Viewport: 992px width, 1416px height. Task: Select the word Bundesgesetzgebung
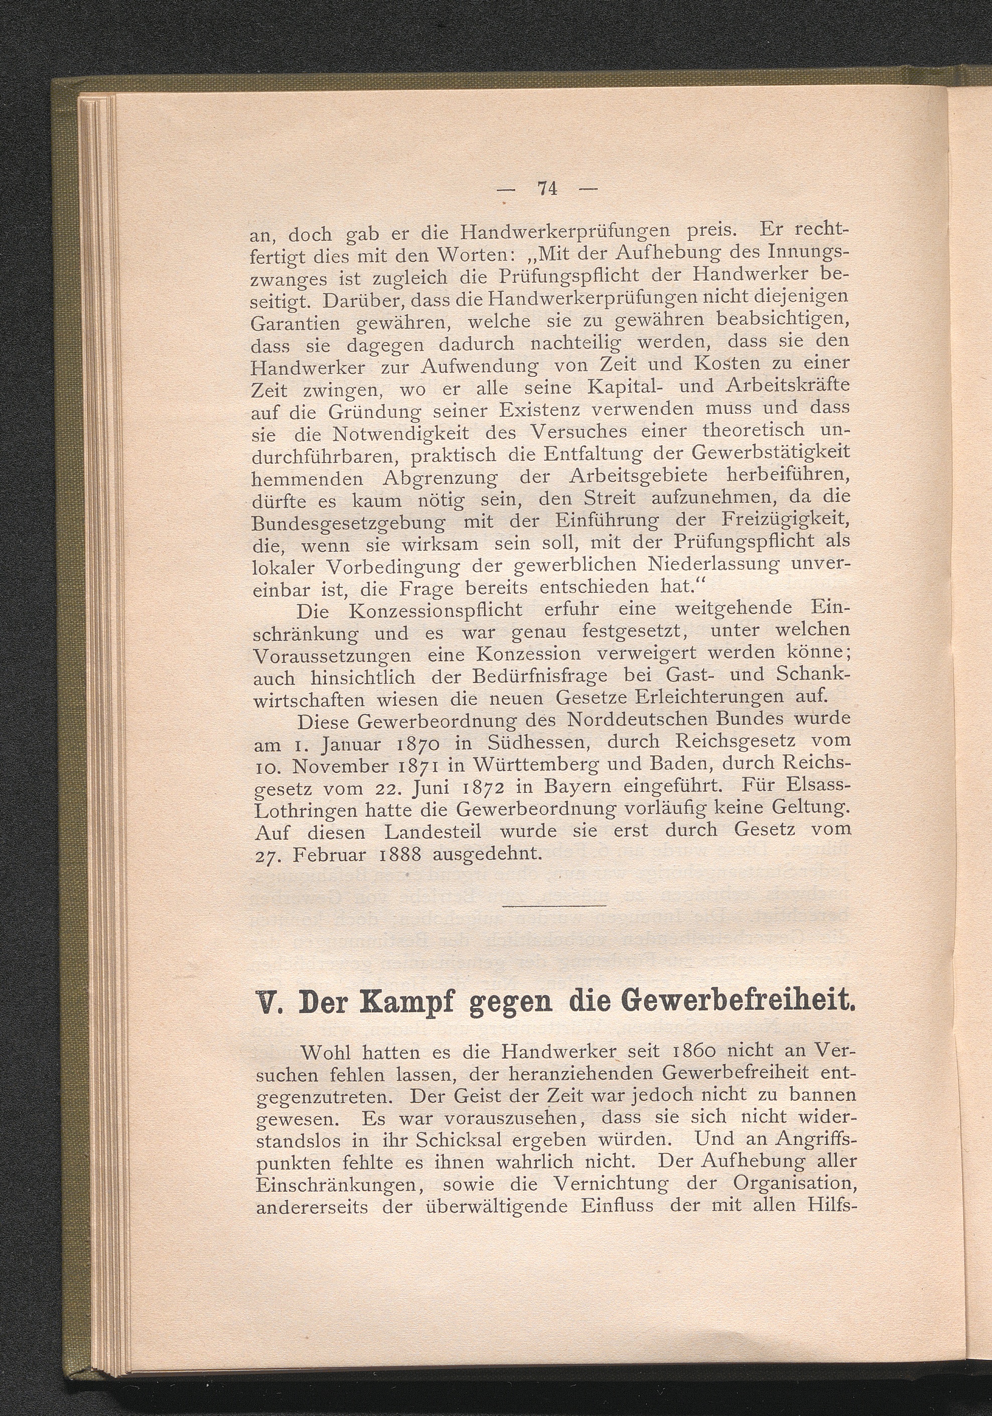point(349,523)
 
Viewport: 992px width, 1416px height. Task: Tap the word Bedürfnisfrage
point(534,677)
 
